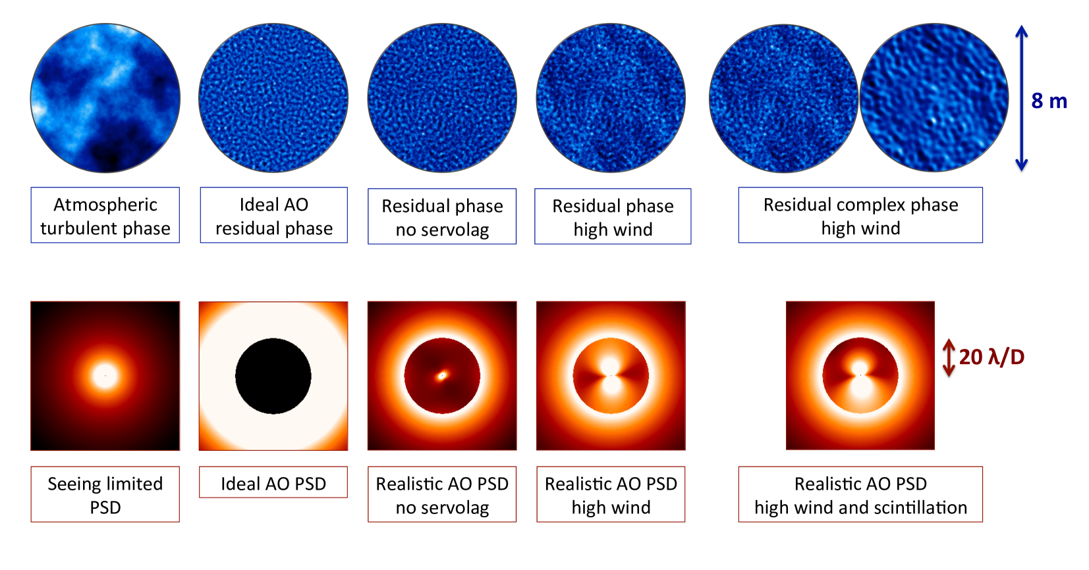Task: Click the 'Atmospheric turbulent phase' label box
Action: tap(105, 215)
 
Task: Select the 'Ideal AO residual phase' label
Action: tap(273, 215)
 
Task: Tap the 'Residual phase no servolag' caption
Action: tap(442, 217)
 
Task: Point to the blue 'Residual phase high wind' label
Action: tap(613, 217)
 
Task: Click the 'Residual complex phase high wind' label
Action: tap(860, 215)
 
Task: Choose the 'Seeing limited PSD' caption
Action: tap(105, 494)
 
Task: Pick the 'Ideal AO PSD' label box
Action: tap(273, 482)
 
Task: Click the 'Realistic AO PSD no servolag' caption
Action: tap(442, 494)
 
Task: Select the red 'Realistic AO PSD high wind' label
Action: tap(611, 494)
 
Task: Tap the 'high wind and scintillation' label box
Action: tap(860, 494)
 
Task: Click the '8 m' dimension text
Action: tap(1049, 101)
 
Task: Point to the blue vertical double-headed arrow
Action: tap(1021, 98)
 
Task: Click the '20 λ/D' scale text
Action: tap(991, 357)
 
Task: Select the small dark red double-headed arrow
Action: tap(949, 358)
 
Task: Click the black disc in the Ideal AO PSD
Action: tap(273, 376)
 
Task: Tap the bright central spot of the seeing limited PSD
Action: tap(105, 376)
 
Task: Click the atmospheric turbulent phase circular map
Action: tap(105, 98)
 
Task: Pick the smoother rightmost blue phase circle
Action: tap(934, 98)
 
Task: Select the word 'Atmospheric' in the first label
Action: tap(105, 205)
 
